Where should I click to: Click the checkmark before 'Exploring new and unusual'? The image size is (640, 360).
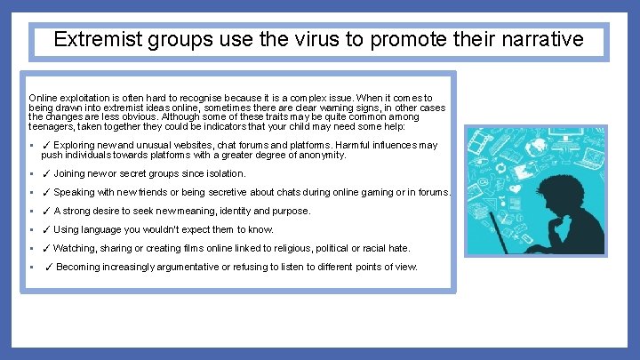(46, 145)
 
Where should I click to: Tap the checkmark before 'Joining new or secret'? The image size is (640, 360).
(46, 173)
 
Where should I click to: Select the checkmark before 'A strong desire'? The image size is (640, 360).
(46, 211)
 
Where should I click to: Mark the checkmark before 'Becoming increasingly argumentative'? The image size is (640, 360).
(49, 267)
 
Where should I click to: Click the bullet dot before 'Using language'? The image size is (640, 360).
(32, 229)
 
